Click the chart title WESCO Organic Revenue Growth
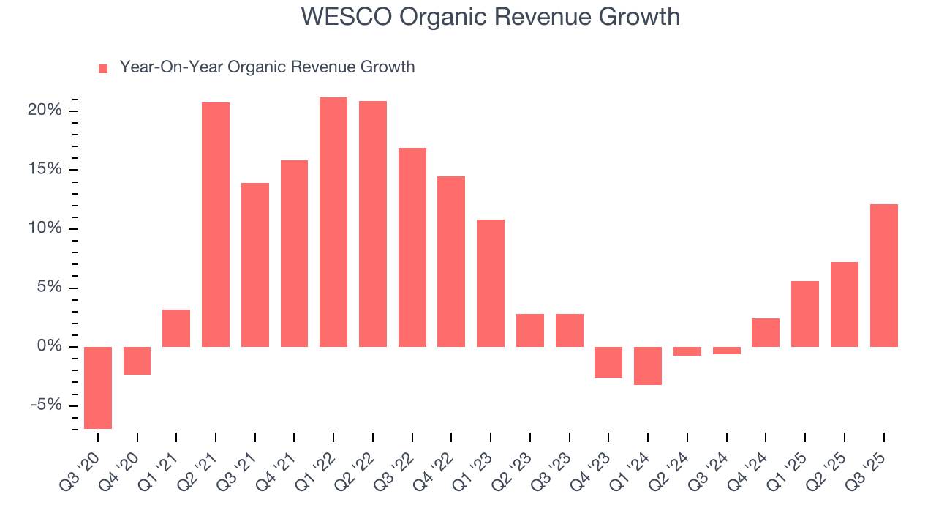coord(490,17)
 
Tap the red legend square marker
coord(103,68)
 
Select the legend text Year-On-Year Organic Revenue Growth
coord(267,67)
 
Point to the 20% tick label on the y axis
coord(45,111)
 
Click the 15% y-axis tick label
coord(45,170)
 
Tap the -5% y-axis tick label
coord(45,405)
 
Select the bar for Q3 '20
coord(98,387)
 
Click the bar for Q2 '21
coord(216,224)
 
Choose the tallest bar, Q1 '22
coord(333,222)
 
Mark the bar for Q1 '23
coord(491,283)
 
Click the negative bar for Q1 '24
coord(648,365)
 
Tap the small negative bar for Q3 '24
coord(726,351)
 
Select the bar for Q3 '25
coord(883,275)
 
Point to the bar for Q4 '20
coord(137,360)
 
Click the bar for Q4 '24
coord(766,332)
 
